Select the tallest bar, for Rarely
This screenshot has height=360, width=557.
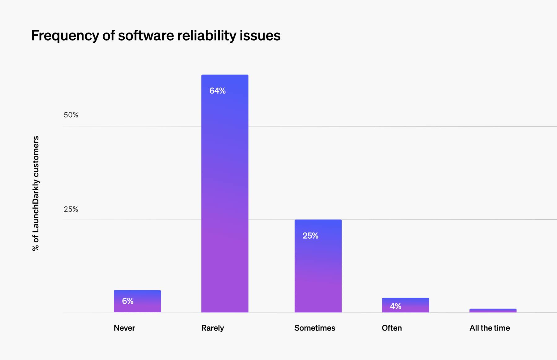[225, 193]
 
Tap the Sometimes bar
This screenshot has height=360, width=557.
[318, 266]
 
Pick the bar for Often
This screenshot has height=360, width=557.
[405, 305]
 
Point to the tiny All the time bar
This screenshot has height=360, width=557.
[493, 310]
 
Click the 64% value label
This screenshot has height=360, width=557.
[218, 91]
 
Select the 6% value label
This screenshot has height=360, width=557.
[128, 301]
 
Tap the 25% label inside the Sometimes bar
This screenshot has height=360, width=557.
[310, 236]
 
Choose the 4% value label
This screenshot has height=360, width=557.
[395, 306]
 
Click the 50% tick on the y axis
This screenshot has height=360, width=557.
[71, 115]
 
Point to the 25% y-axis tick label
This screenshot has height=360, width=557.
[71, 209]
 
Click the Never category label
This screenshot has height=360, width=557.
[124, 328]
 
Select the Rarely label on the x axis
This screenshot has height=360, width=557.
[213, 328]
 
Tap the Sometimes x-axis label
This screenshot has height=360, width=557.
[315, 328]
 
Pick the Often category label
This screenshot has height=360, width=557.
[392, 328]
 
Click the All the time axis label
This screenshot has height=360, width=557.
[490, 328]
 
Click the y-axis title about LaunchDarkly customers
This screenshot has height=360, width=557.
[36, 193]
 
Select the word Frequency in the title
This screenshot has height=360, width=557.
[65, 36]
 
